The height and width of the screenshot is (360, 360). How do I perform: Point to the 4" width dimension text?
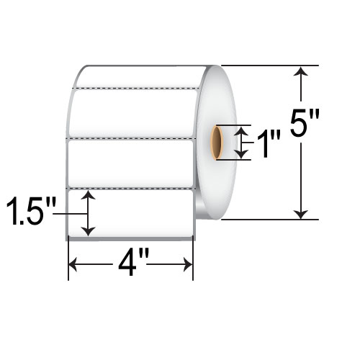pos(130,271)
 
